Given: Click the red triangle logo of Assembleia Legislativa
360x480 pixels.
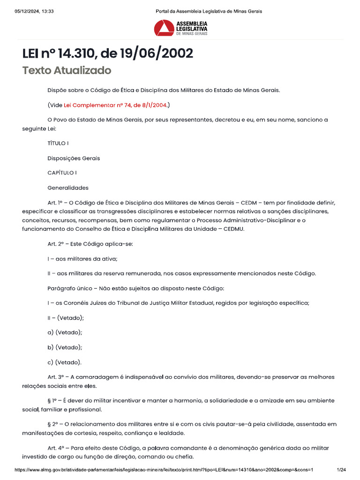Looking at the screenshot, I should point(164,28).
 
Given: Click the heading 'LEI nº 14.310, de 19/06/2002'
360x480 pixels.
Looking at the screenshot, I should point(107,53).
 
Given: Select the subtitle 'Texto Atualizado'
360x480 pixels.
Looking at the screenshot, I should point(67,70).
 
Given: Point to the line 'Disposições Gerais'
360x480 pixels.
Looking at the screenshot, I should point(74,158).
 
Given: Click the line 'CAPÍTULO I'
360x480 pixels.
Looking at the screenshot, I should point(62,173).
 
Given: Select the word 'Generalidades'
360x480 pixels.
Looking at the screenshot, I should point(68,188).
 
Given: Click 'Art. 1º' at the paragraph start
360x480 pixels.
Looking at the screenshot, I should point(55,203).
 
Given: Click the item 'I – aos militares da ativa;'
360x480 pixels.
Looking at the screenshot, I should point(82,258).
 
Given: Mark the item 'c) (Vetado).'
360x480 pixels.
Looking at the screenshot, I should point(65,362).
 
